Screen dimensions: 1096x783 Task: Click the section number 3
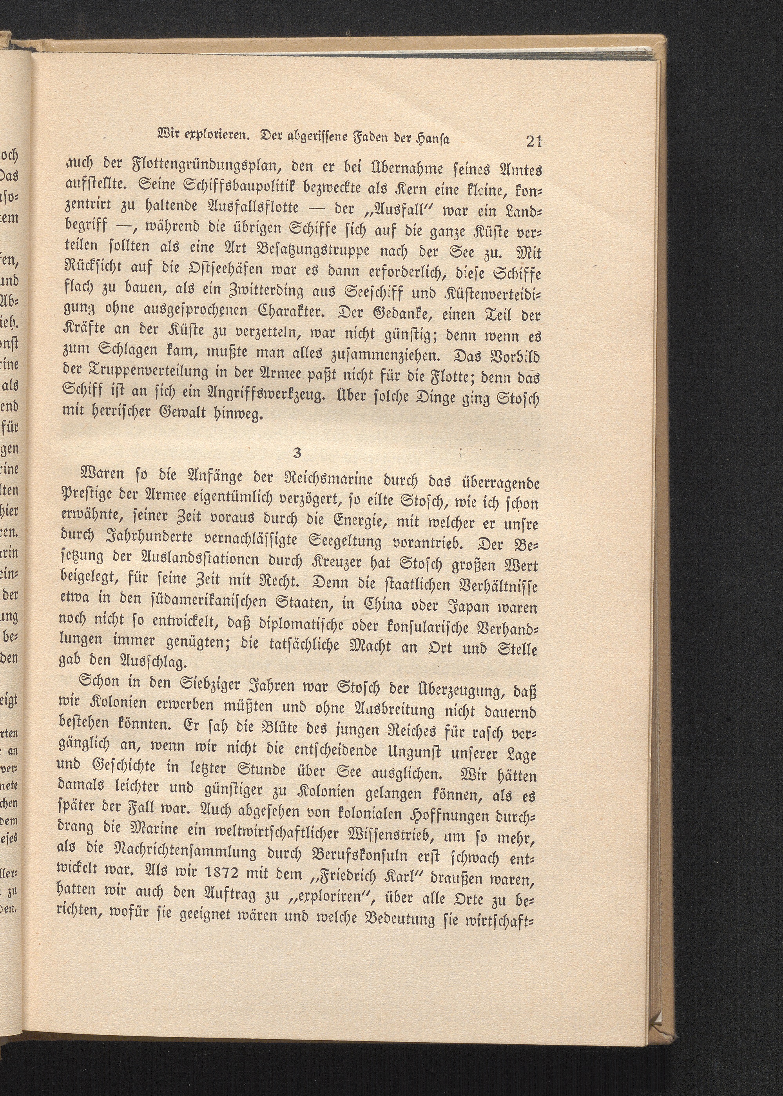pyautogui.click(x=297, y=454)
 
